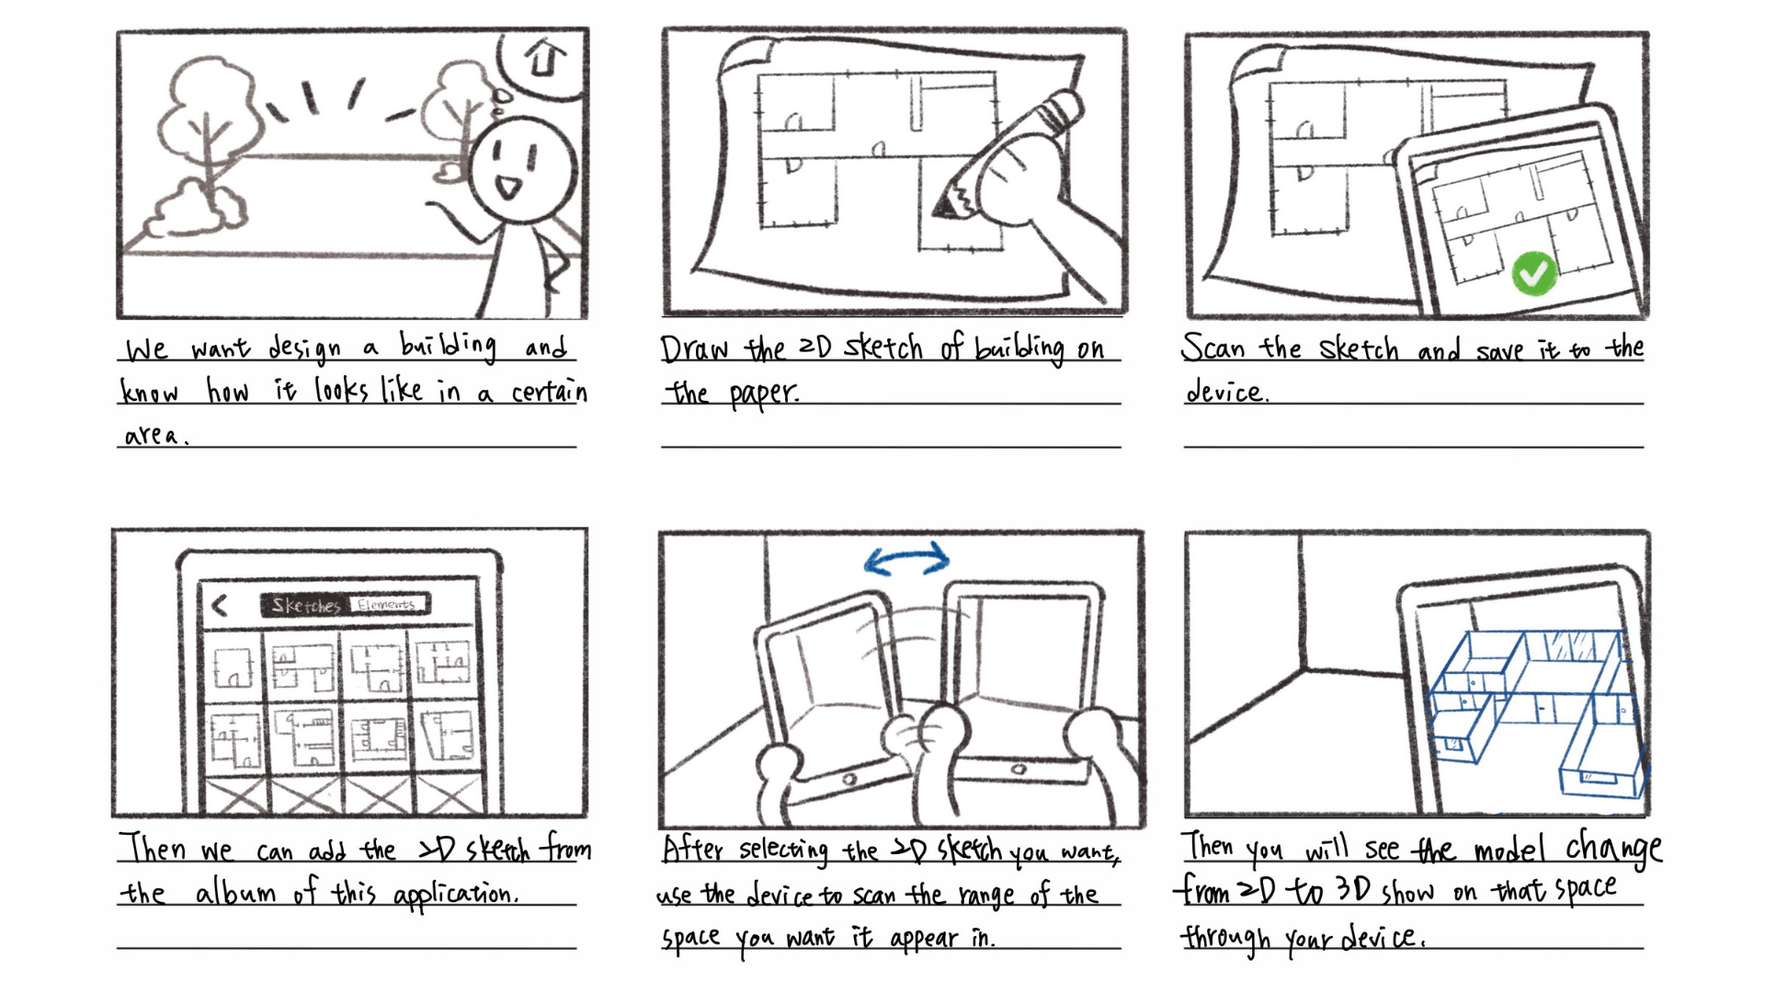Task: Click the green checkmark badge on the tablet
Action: click(x=1533, y=272)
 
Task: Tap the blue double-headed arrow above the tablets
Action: click(x=906, y=558)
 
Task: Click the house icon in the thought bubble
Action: click(x=544, y=58)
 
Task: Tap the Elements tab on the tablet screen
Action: click(x=387, y=604)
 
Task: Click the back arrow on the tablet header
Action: click(x=220, y=605)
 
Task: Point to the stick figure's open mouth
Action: click(x=507, y=188)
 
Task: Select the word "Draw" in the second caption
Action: click(x=694, y=349)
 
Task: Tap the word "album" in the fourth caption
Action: click(x=235, y=893)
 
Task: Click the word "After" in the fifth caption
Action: click(x=694, y=849)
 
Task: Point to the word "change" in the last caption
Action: click(x=1613, y=848)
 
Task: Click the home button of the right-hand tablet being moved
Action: click(x=1019, y=769)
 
